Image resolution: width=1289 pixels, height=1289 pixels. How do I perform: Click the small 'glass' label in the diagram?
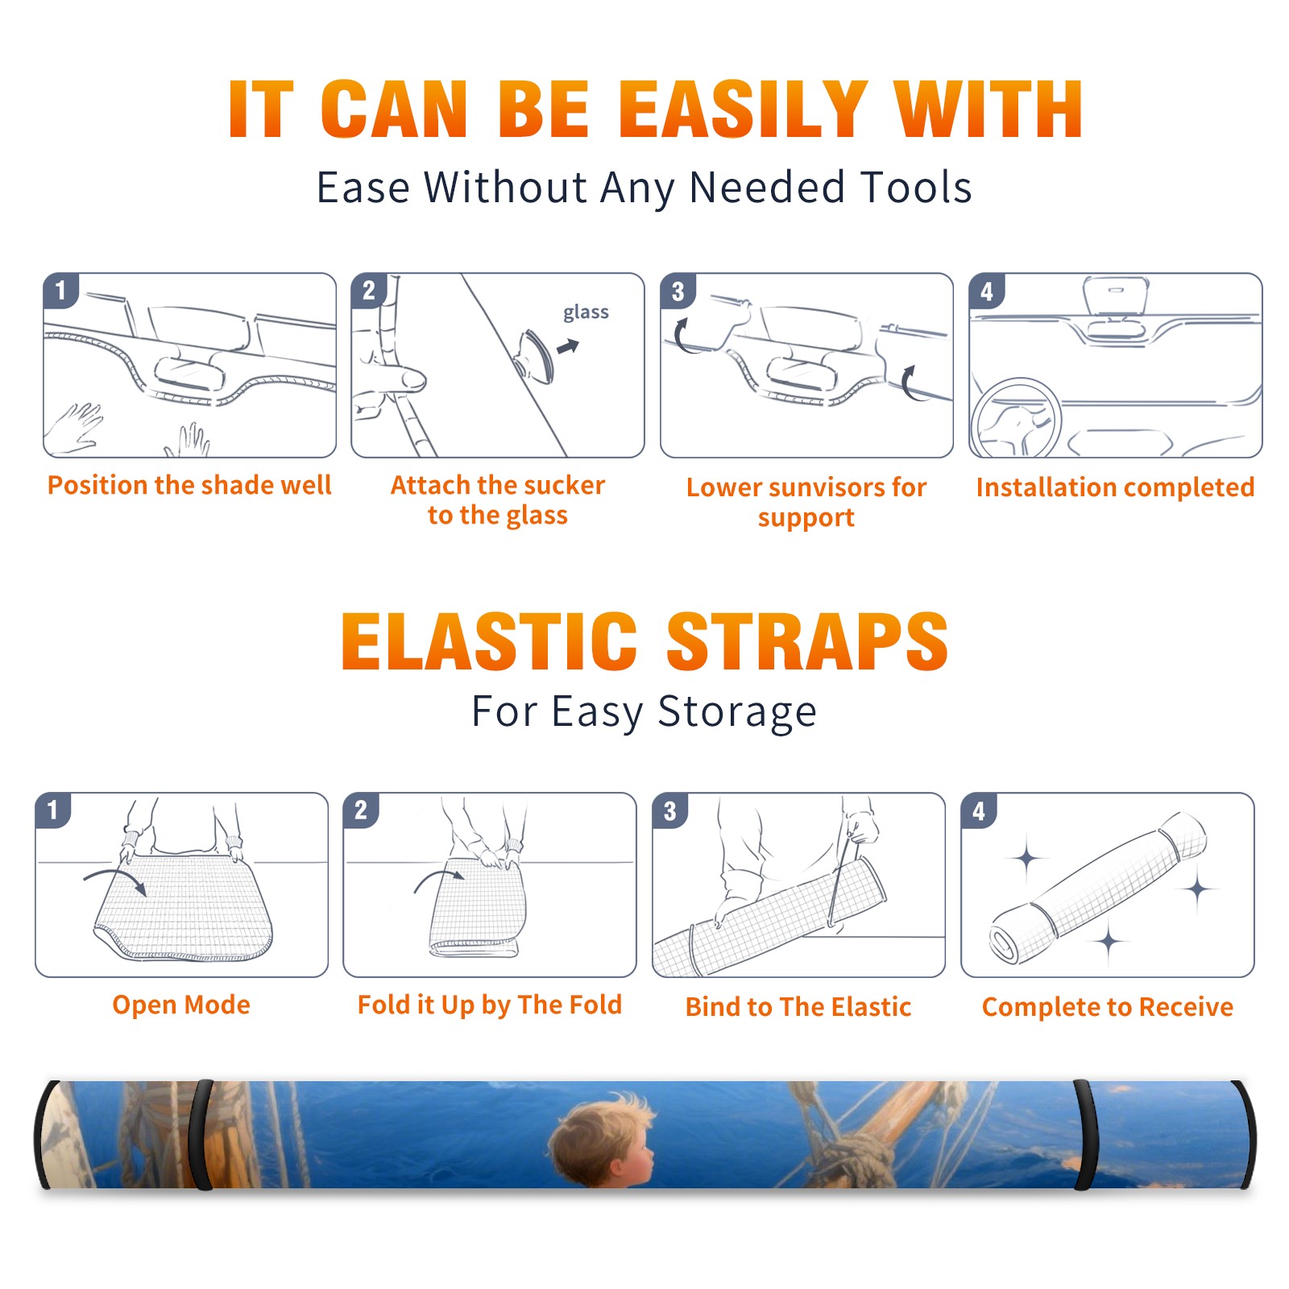[586, 313]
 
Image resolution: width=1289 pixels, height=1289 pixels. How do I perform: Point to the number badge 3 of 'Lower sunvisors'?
[678, 292]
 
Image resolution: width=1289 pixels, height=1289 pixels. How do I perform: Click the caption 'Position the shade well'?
[189, 485]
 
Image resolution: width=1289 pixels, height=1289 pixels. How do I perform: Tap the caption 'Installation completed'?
[1115, 487]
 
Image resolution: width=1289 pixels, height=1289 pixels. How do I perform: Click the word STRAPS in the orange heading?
[807, 641]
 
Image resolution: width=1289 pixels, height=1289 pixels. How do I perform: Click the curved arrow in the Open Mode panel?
[115, 878]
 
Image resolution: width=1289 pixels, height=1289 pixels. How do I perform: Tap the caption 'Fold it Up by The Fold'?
[490, 1005]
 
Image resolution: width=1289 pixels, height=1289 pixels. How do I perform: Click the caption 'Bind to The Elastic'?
[798, 1006]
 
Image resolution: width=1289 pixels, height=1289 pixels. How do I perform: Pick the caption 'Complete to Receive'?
[1107, 1006]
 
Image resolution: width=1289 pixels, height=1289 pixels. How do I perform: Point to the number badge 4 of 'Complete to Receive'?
[979, 810]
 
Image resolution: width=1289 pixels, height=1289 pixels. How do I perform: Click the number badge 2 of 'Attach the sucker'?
[369, 291]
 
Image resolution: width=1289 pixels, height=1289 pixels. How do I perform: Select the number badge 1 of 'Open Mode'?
[53, 810]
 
